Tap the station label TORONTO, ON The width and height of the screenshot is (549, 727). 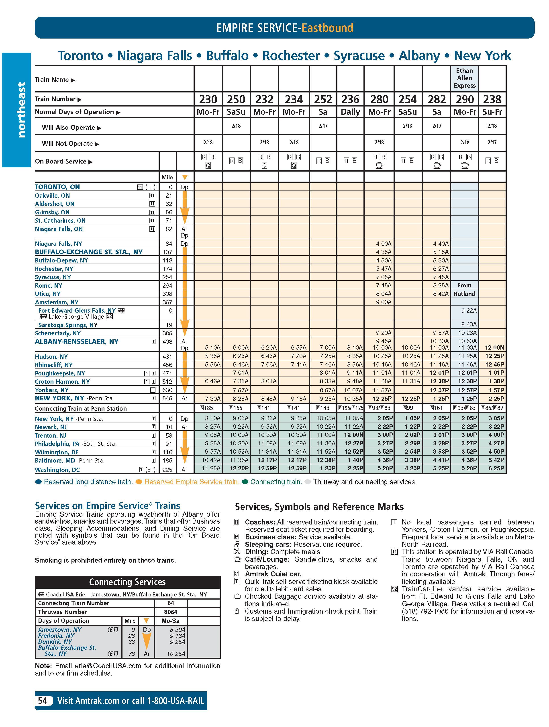(57, 187)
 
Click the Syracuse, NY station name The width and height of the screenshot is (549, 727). (53, 277)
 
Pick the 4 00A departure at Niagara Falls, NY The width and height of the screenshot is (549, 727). (384, 244)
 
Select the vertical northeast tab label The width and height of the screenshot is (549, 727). (21, 110)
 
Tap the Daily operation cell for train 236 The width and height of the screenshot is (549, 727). (350, 112)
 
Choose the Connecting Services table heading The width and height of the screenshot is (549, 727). (127, 582)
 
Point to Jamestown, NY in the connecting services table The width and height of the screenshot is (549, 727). (59, 629)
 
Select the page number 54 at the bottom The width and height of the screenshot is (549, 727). (43, 701)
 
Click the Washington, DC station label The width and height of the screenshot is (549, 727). (57, 470)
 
